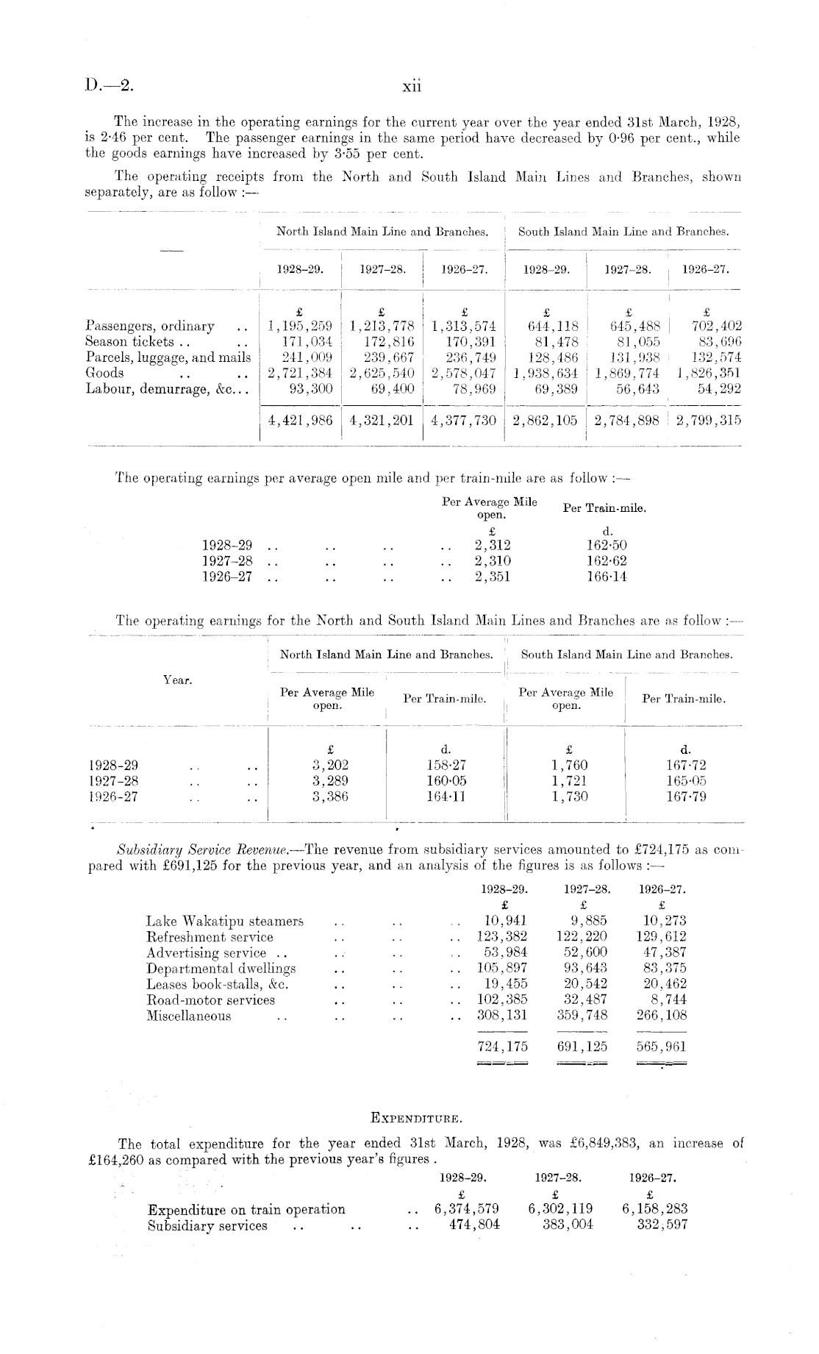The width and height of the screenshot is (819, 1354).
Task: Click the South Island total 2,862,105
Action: click(x=545, y=421)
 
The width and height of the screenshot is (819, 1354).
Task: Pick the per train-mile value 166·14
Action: click(x=607, y=577)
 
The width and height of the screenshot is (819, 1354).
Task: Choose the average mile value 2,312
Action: click(x=493, y=545)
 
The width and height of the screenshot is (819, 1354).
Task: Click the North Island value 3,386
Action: click(x=330, y=797)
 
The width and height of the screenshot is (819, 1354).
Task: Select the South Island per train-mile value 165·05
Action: click(x=685, y=780)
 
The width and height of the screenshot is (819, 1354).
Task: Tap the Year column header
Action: click(x=177, y=680)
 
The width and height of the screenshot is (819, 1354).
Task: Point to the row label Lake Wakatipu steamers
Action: click(x=225, y=921)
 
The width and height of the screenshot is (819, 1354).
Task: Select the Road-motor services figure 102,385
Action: click(x=502, y=1000)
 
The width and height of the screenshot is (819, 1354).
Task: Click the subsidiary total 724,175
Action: click(x=502, y=1045)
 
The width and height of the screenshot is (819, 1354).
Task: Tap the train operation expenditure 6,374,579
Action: click(x=467, y=1209)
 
